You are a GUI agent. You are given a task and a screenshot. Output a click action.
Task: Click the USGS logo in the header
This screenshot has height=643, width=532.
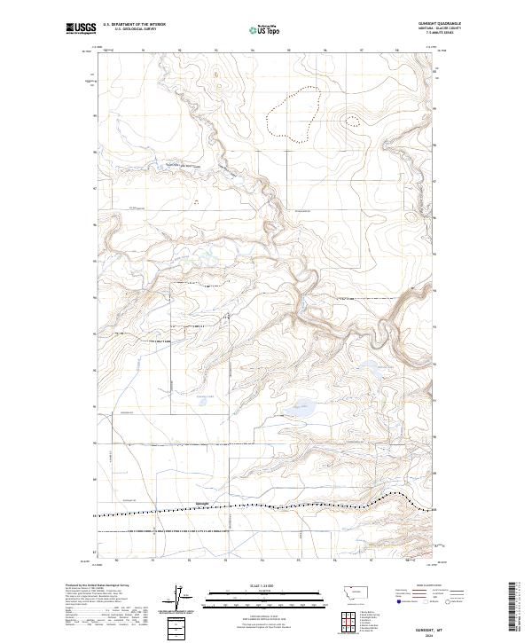[x=81, y=27]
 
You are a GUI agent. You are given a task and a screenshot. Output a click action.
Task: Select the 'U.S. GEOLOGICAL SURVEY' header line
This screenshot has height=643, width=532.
[x=135, y=28]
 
